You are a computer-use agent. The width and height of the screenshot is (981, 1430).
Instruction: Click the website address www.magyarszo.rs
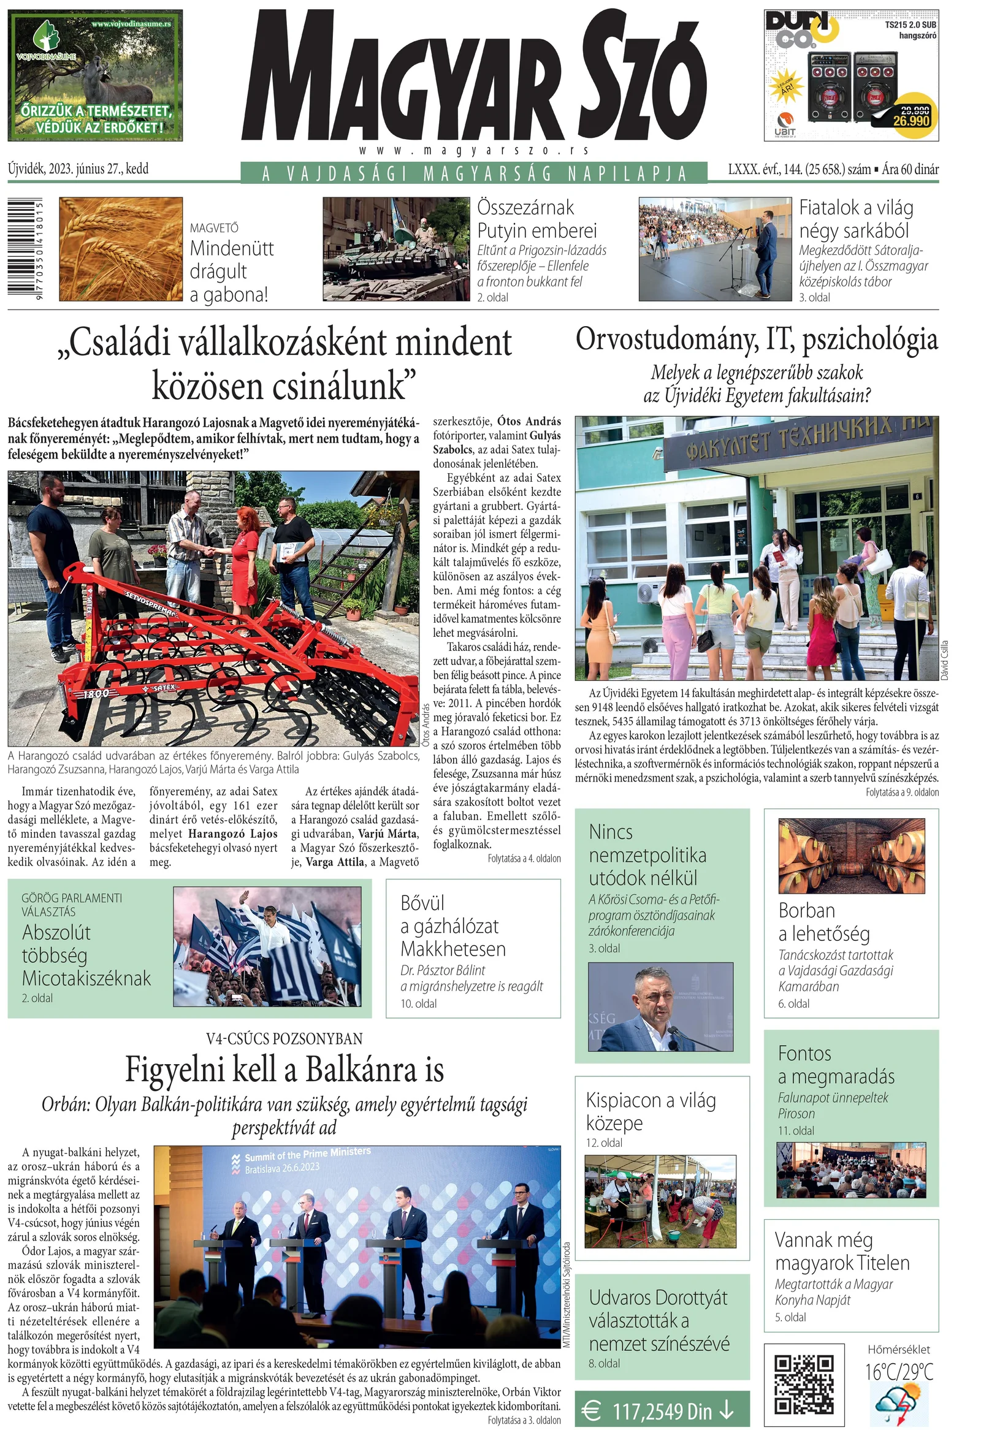(474, 150)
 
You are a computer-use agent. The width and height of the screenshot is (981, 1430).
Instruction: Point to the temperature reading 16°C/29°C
(898, 1372)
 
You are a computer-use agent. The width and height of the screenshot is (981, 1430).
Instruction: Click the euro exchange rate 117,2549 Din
(662, 1411)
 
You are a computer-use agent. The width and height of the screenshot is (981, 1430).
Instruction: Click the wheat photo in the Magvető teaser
(121, 249)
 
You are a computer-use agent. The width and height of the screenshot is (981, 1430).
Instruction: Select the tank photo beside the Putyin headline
(395, 249)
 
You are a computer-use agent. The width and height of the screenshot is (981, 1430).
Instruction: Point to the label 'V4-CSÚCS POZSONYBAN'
(284, 1039)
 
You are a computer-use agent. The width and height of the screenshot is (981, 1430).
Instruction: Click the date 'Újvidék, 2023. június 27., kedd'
(78, 169)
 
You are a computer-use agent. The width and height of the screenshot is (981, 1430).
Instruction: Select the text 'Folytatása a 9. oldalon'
(902, 792)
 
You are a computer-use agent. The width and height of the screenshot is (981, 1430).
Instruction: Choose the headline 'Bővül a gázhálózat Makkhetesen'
(453, 926)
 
